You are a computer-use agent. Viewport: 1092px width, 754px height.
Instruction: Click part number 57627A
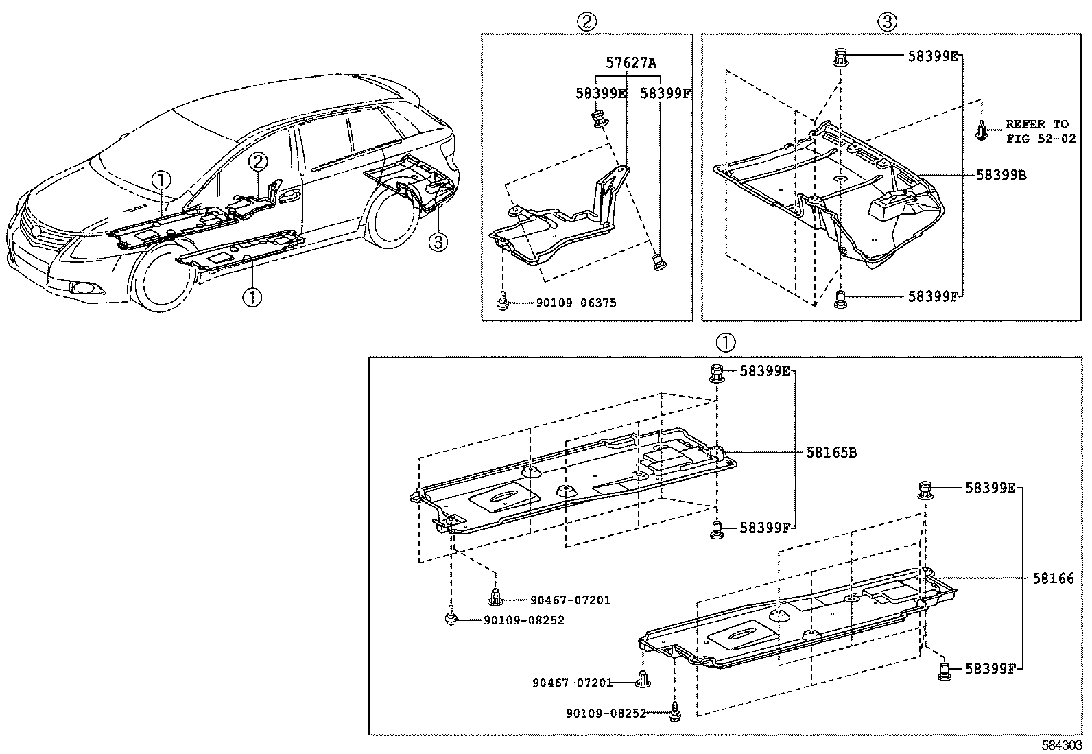pos(630,63)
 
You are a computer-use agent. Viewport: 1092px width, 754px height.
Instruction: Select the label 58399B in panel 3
pos(1001,175)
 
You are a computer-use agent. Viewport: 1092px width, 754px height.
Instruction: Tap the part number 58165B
pos(831,453)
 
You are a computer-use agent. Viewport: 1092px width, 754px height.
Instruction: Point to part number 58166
pos(1053,579)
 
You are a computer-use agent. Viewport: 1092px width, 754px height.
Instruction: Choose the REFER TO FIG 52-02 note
pos(1036,131)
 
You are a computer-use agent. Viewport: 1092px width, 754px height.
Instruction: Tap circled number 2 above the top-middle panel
pos(586,22)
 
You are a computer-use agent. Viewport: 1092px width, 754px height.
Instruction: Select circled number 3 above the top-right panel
pos(886,22)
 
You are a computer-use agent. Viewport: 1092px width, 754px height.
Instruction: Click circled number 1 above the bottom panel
pos(725,342)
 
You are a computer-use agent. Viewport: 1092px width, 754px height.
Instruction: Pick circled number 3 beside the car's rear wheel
pos(438,241)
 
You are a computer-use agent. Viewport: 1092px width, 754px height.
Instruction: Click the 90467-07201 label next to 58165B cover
pos(570,600)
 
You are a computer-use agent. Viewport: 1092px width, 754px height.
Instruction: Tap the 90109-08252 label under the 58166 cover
pos(606,714)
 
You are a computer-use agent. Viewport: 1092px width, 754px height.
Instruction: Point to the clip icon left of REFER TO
pos(982,130)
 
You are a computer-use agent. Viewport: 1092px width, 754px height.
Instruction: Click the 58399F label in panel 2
pos(665,94)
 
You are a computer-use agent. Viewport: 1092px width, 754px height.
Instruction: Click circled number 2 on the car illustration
pos(257,163)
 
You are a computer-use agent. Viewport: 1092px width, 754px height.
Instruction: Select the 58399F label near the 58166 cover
pos(990,668)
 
